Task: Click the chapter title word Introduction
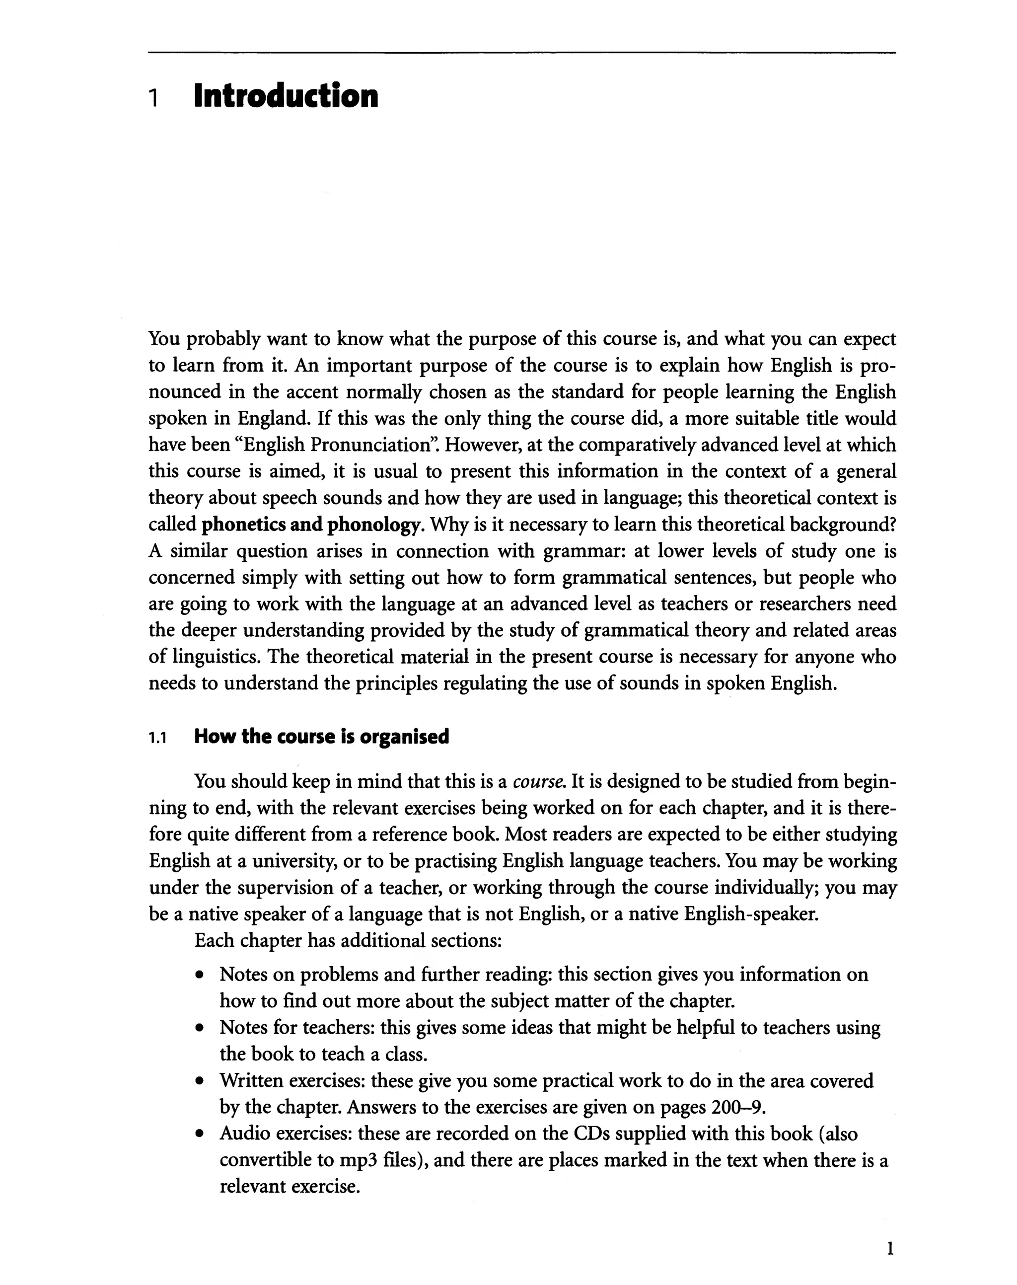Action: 286,96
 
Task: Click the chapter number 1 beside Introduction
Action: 153,98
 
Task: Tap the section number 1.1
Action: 158,739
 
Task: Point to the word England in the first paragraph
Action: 273,419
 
